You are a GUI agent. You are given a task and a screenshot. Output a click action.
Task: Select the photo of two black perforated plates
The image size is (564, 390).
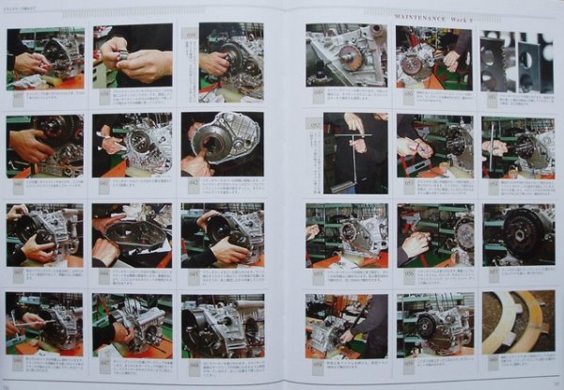[516, 61]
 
